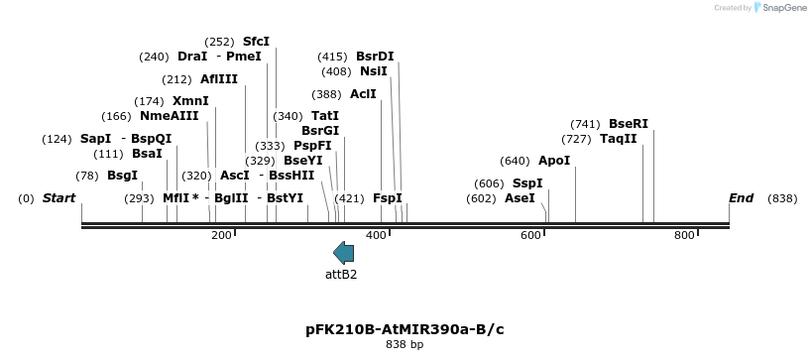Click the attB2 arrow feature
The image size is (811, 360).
tap(343, 252)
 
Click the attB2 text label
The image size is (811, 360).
tap(341, 274)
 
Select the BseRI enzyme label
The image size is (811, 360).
tap(629, 124)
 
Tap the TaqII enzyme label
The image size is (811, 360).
tap(619, 139)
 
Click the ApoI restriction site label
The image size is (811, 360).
tap(554, 161)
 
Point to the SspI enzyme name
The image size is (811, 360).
tap(527, 183)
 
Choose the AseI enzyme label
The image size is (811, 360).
tap(520, 198)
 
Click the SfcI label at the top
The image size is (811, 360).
tap(256, 42)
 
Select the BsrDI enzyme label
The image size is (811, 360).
tap(375, 57)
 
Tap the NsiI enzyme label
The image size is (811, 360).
tap(374, 71)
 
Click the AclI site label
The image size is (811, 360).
tap(363, 94)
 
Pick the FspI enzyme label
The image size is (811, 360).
tap(388, 198)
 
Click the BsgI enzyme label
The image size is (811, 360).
tap(122, 176)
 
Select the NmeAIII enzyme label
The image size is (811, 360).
tap(169, 116)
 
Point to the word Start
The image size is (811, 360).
tap(58, 198)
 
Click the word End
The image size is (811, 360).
tap(742, 198)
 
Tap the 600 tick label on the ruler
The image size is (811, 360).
tap(531, 235)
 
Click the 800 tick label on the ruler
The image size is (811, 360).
tap(684, 235)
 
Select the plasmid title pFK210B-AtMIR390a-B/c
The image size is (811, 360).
tap(405, 329)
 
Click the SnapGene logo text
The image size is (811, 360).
tap(783, 8)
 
